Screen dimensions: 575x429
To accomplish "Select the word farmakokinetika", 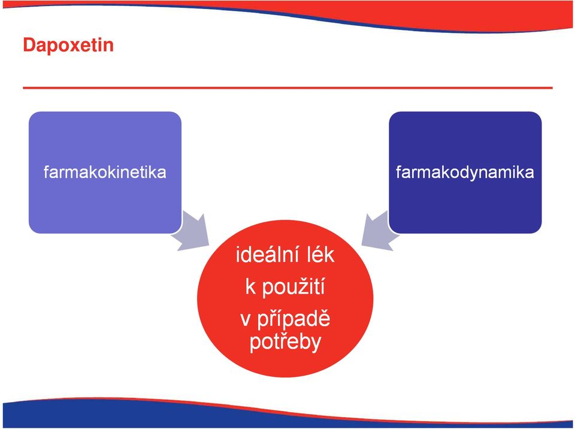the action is point(105,172).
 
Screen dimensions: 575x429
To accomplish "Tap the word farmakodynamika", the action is point(465,173).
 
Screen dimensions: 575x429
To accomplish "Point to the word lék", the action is point(319,255).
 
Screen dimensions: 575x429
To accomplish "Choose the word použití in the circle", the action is point(293,287).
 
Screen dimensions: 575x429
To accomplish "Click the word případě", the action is point(293,319).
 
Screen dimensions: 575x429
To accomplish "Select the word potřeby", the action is point(285,342).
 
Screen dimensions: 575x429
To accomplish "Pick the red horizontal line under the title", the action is point(287,88).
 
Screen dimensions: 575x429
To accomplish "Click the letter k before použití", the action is point(250,287).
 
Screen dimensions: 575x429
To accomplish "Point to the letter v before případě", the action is point(246,321).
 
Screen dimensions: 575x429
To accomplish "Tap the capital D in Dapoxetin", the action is point(29,46).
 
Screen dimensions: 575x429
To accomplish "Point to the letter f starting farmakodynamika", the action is point(399,172).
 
